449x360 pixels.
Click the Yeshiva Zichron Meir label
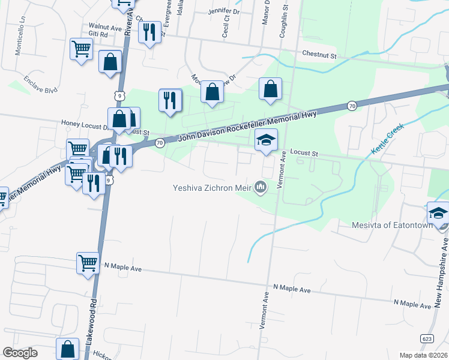[212, 188]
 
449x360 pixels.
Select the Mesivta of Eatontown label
[392, 226]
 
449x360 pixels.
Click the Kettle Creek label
[388, 139]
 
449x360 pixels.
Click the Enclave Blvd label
[41, 85]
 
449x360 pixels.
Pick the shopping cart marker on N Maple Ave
[88, 263]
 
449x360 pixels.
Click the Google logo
[20, 353]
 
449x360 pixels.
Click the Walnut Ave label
[105, 27]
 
